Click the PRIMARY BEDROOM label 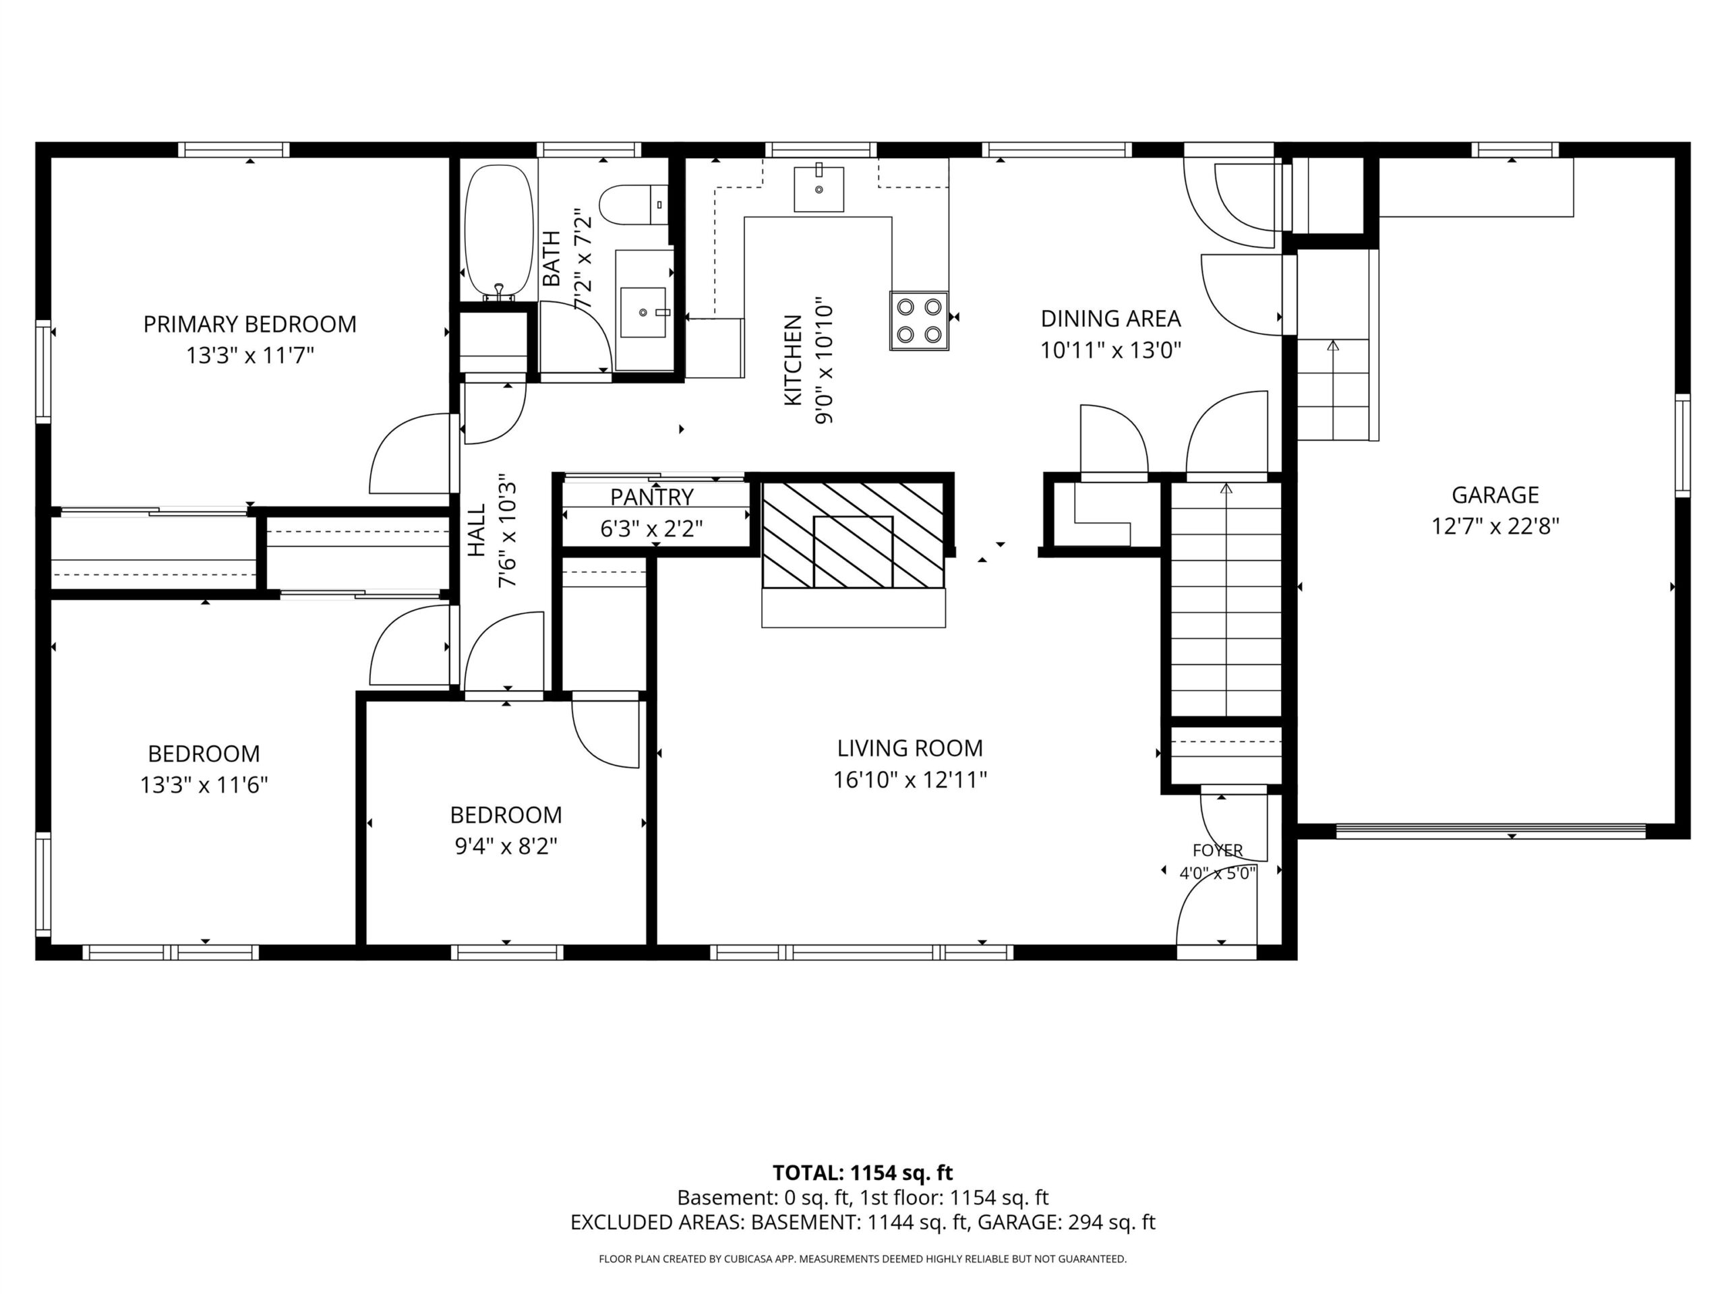tap(249, 323)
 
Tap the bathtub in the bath tap(499, 232)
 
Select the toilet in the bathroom tap(634, 204)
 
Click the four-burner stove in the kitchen tap(919, 321)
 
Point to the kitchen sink tap(819, 188)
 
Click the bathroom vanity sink tap(645, 311)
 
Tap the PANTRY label tap(651, 497)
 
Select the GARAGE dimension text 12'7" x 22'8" tap(1495, 526)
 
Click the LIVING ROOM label tap(910, 748)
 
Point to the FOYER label tap(1217, 850)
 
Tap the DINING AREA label tap(1110, 318)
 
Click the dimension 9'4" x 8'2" tap(506, 846)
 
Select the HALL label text tap(476, 530)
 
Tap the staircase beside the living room tap(1226, 599)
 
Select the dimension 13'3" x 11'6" tap(204, 784)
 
